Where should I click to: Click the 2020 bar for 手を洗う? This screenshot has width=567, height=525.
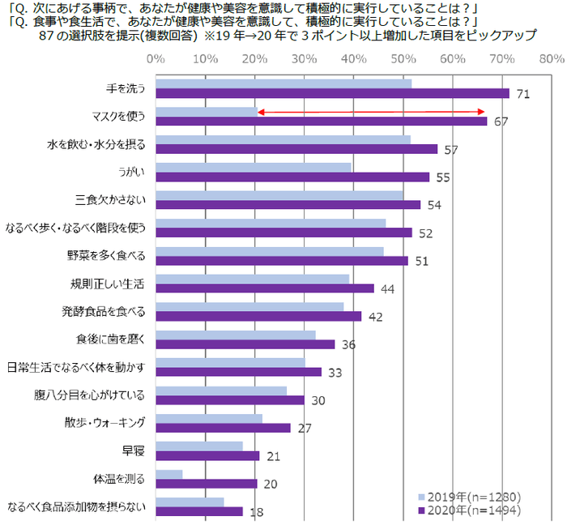coord(332,93)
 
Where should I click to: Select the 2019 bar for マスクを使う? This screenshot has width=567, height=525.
coord(207,111)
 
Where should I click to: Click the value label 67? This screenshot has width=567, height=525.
coord(501,122)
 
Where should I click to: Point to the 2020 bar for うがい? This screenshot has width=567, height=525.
coord(292,177)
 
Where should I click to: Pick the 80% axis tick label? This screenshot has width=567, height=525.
coord(551,59)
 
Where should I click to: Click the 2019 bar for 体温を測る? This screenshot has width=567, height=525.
coord(168,474)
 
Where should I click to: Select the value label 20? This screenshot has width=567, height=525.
coord(271,484)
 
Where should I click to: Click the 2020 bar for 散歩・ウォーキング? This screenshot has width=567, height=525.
coord(223,428)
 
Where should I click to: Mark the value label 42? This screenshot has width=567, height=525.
coord(375,316)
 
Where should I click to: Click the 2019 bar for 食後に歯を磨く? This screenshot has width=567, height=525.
coord(235,335)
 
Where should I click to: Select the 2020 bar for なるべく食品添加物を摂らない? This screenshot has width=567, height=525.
coord(198,511)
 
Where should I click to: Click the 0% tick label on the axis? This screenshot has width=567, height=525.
coord(156,59)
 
